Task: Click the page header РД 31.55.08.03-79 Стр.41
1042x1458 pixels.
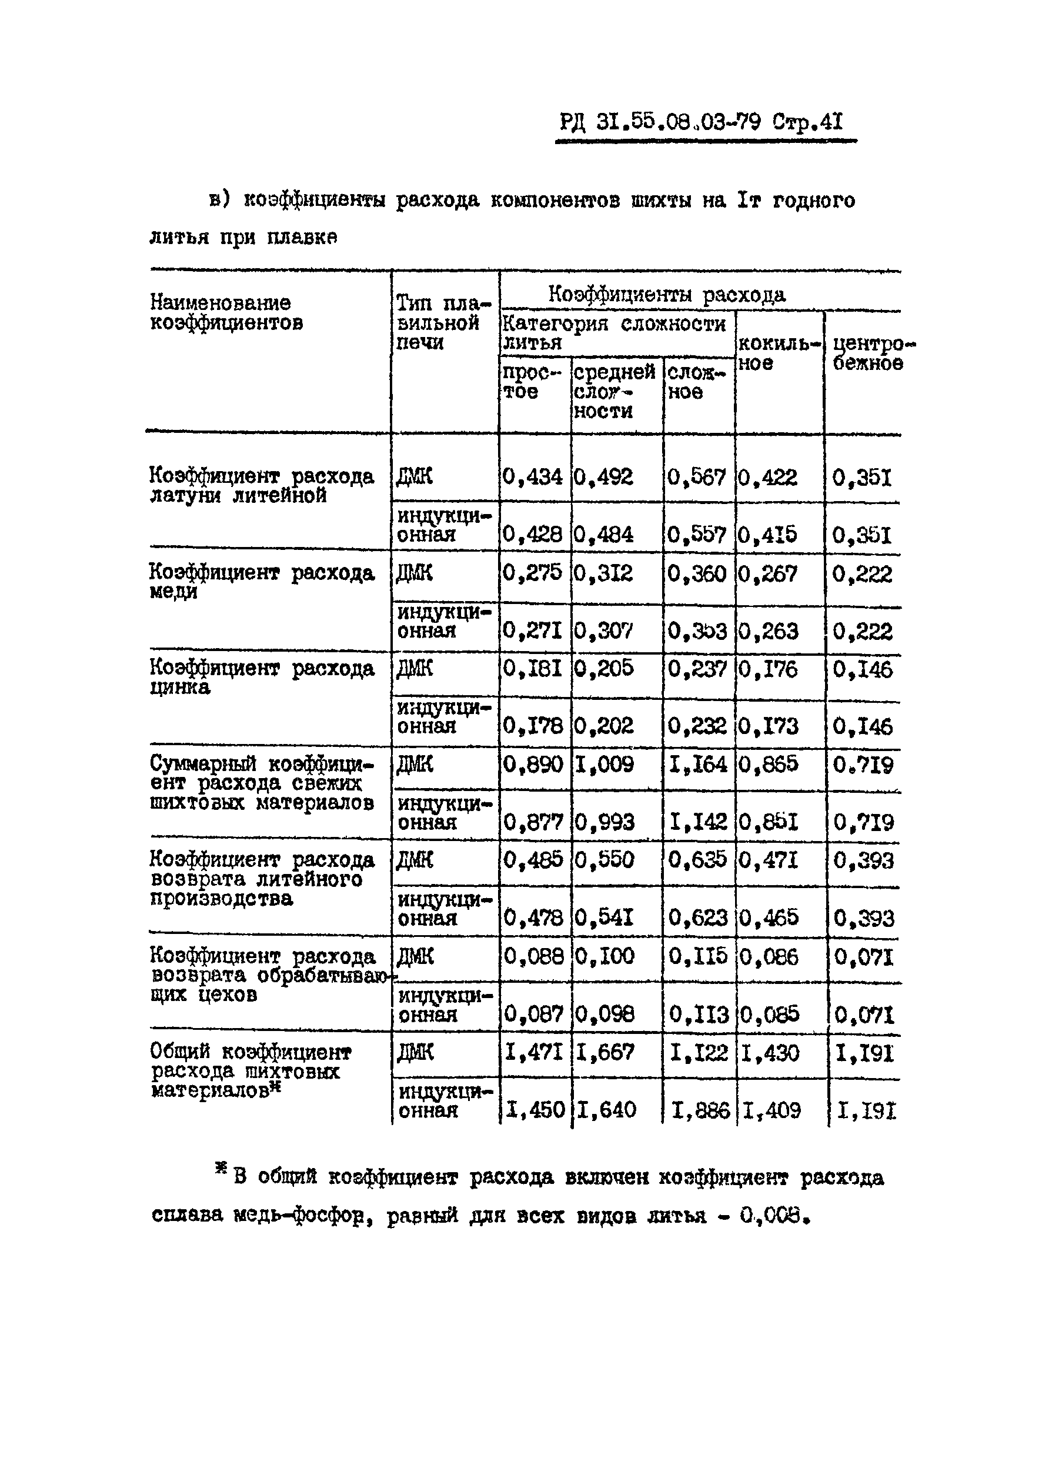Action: [701, 122]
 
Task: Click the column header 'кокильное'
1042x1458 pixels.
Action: [779, 353]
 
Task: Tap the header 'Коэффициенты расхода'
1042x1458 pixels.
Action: [666, 295]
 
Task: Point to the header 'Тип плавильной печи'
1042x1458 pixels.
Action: [443, 322]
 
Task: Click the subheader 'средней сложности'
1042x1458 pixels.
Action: [614, 391]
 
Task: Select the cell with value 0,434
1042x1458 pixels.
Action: [533, 477]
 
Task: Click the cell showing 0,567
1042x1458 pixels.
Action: [696, 477]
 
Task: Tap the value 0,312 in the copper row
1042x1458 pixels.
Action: [603, 573]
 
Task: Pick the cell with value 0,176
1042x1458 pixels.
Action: [767, 669]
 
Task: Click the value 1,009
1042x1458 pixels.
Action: [605, 765]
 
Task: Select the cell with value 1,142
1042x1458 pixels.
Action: [698, 822]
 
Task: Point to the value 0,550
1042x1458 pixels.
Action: [605, 860]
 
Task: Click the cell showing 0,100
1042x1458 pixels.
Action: [605, 956]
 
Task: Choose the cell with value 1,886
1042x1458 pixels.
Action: [700, 1110]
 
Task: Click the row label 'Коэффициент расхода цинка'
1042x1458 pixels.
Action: [262, 677]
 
